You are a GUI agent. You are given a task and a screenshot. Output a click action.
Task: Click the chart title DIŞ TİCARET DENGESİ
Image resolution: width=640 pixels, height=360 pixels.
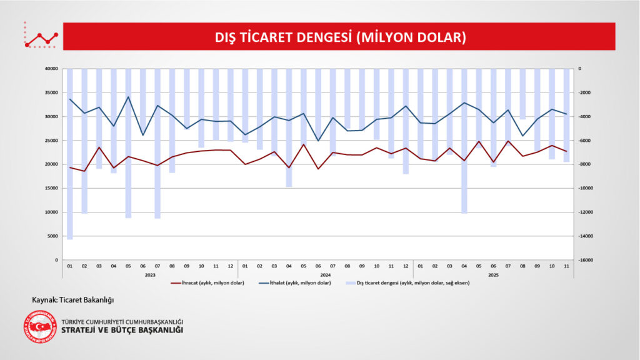click(341, 37)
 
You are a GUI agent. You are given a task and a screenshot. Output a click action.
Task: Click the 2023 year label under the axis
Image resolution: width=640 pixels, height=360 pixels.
click(150, 274)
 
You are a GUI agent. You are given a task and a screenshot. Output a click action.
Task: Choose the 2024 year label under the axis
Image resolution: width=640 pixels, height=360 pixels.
click(325, 274)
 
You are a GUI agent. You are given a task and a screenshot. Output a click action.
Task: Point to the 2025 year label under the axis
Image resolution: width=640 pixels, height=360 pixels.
click(493, 274)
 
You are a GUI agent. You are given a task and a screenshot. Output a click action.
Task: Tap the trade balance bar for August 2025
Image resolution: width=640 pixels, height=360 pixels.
click(522, 94)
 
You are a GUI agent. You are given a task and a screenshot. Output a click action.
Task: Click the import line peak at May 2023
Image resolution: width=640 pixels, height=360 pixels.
click(128, 97)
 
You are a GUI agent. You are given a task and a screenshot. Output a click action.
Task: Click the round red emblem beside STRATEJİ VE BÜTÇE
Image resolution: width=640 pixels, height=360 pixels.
click(39, 326)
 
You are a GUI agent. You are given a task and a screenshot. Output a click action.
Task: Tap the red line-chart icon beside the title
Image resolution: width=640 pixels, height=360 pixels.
click(41, 38)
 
